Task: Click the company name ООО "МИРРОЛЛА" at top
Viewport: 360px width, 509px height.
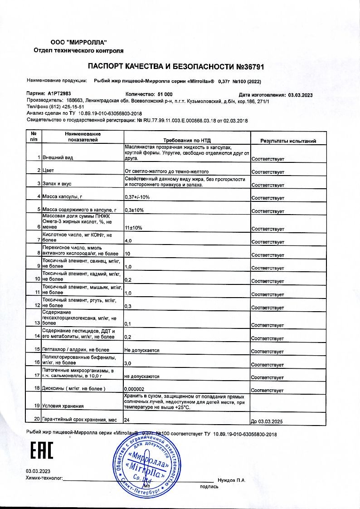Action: tap(78, 42)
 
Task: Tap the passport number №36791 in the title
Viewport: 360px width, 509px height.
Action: tap(249, 67)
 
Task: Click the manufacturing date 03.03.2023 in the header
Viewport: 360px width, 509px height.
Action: tap(301, 95)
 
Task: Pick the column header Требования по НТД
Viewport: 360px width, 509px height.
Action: tap(187, 141)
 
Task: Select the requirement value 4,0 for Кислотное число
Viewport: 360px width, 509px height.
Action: tap(128, 240)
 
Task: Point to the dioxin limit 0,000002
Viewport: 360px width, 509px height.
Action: tap(134, 390)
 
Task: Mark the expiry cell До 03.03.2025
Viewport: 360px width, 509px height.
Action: tap(267, 422)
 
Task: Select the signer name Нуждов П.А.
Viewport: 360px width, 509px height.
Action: tap(231, 480)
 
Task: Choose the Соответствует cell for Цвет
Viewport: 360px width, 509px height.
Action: tap(268, 172)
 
